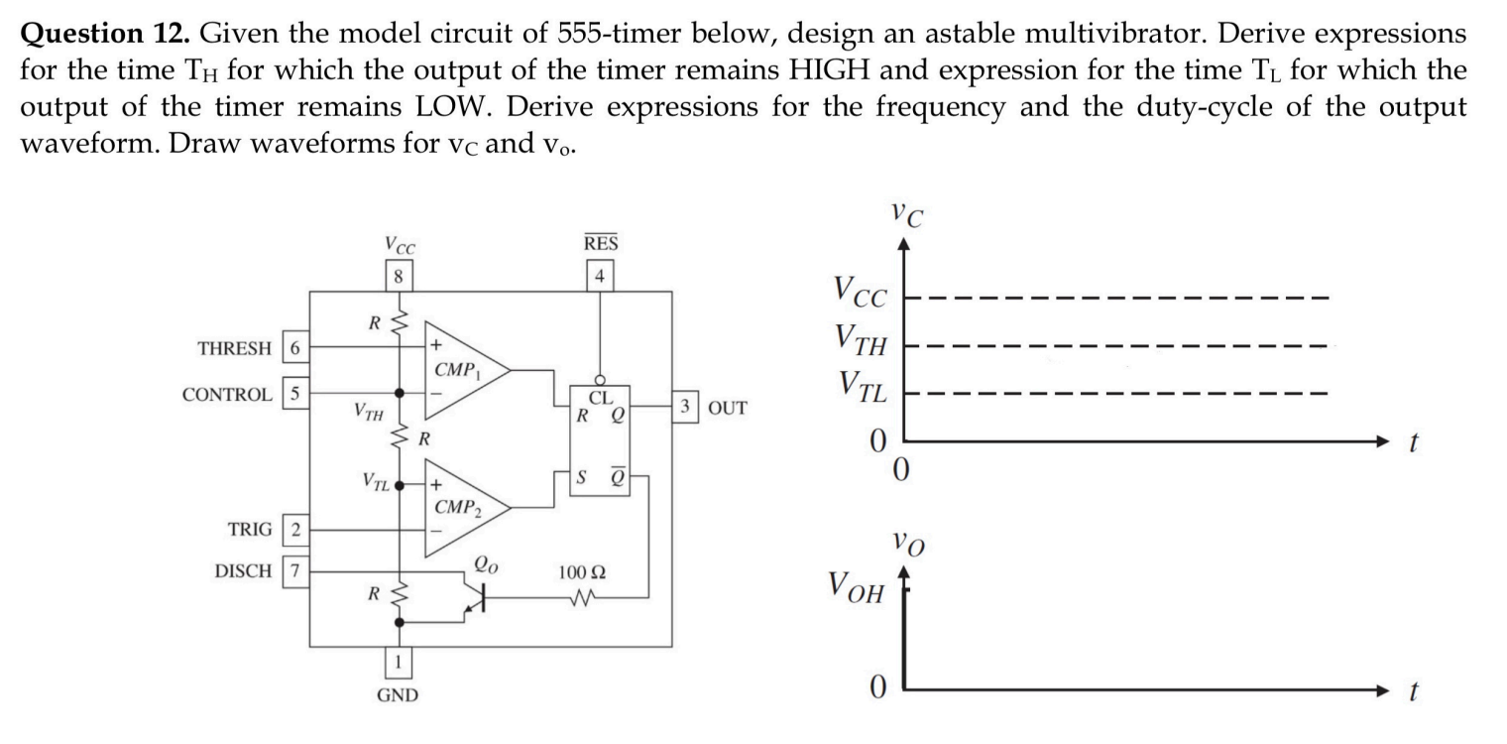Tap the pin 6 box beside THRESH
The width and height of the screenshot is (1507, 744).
[295, 347]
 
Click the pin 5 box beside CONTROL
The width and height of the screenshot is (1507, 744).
[295, 393]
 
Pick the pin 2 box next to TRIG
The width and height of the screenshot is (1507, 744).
[295, 529]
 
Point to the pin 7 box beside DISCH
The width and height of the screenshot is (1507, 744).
[295, 571]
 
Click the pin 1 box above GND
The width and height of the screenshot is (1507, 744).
[398, 662]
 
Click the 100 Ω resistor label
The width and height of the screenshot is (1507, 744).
[582, 573]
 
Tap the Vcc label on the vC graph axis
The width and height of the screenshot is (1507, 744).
[861, 293]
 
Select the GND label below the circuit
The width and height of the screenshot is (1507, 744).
[398, 695]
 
